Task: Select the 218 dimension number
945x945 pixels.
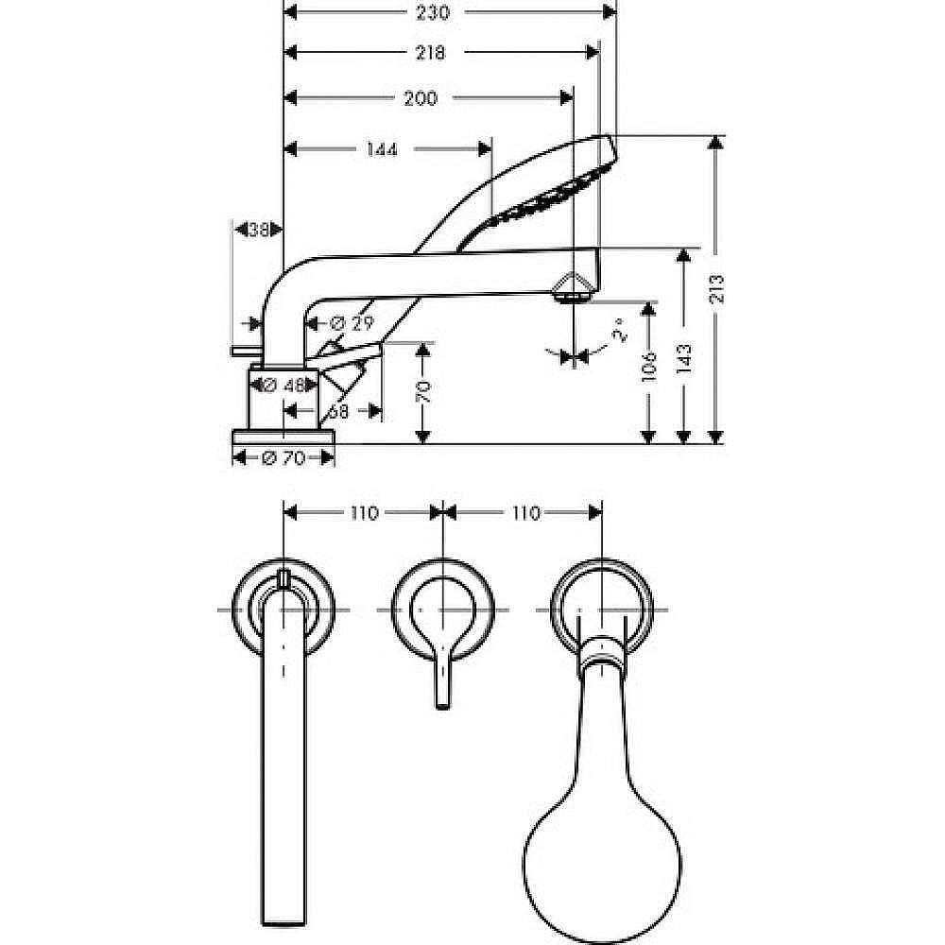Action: click(430, 54)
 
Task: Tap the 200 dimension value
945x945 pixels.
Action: click(420, 97)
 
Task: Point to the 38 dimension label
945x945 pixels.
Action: click(258, 229)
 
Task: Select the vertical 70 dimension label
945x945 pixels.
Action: click(425, 390)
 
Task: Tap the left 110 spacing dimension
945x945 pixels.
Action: click(364, 513)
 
